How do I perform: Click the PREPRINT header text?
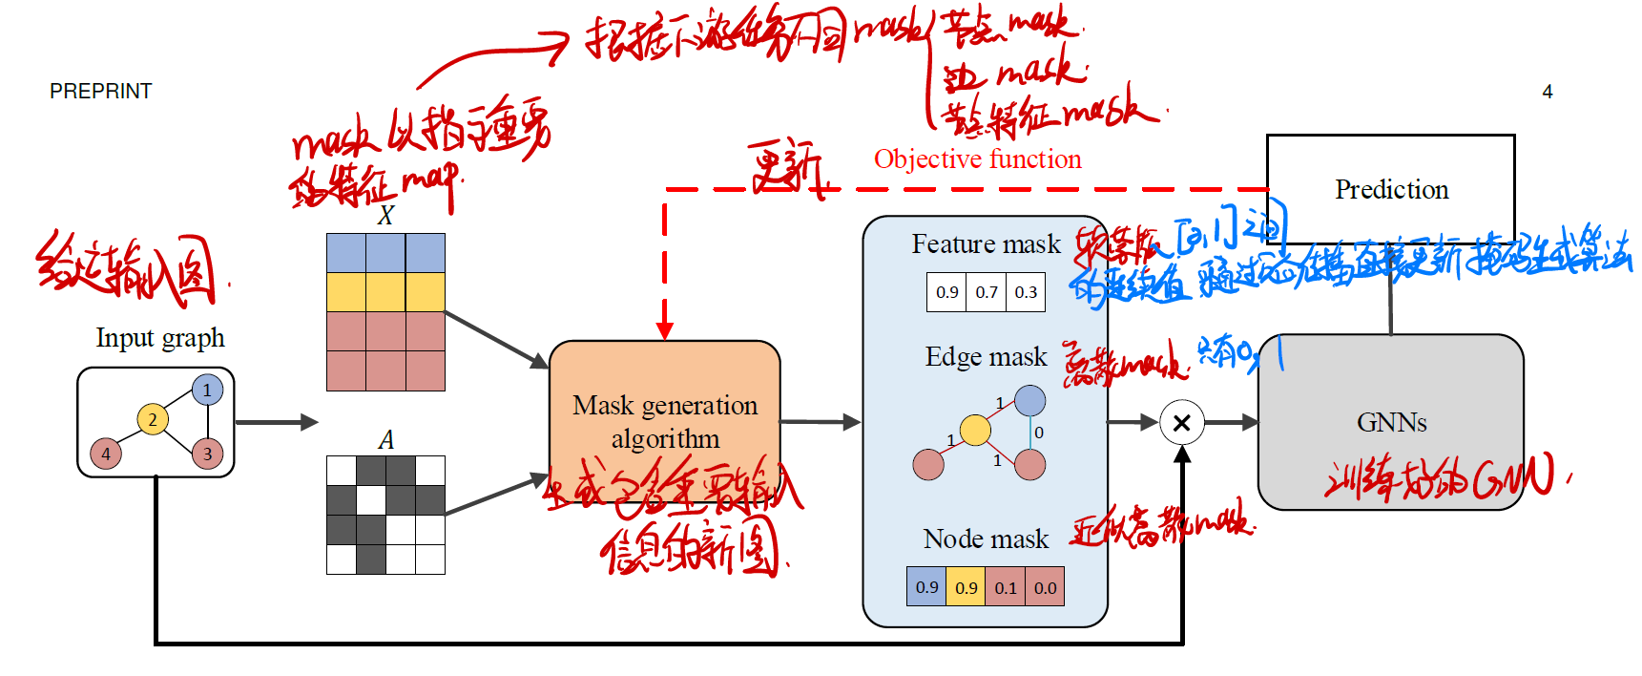pos(100,92)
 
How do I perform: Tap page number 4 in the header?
pos(1547,92)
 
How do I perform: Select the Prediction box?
pos(1390,189)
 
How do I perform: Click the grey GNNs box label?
pos(1391,422)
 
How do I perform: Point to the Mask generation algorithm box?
pos(665,421)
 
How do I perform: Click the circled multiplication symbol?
pos(1181,422)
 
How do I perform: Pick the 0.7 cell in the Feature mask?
pos(987,292)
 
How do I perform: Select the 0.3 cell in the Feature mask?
pos(1026,292)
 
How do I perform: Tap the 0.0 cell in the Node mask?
pos(1045,587)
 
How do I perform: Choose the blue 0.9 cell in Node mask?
pos(926,587)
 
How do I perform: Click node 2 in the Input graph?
pos(153,419)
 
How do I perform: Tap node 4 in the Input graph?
pos(106,454)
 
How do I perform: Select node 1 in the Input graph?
pos(207,390)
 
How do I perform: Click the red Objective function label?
pos(977,159)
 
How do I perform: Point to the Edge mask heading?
pos(986,357)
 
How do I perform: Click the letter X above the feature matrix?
pos(385,216)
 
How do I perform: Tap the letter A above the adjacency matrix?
pos(385,440)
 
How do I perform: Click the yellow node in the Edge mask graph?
pos(975,430)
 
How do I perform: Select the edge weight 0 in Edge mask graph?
pos(1039,433)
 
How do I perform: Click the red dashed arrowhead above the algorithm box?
pos(665,330)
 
